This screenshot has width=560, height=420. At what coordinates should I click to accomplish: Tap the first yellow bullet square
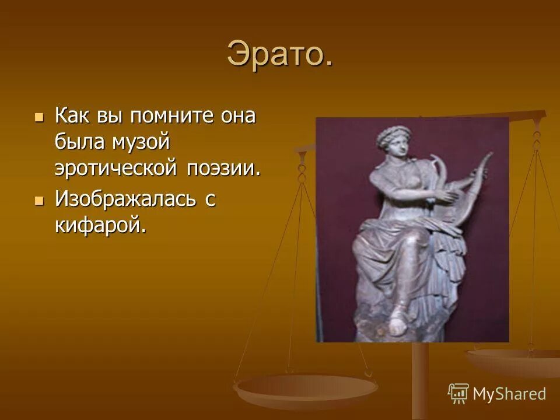point(39,117)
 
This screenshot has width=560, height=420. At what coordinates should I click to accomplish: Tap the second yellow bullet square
point(39,201)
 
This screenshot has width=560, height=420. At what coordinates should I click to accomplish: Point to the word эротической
point(117,167)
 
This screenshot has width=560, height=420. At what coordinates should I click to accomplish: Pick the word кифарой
point(99,225)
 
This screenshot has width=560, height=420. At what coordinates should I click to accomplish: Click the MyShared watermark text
point(509,394)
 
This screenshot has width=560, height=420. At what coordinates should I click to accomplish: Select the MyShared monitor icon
point(459,393)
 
